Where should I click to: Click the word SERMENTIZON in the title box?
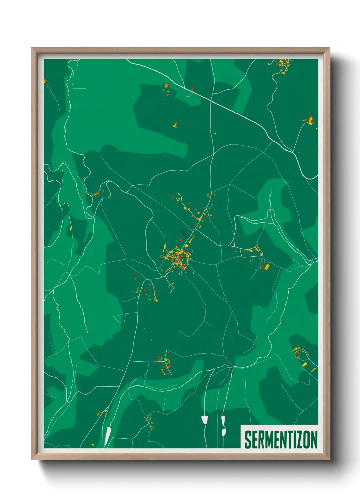coord(281,440)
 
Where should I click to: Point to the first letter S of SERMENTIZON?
coord(247,440)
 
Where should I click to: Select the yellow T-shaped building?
coord(175,125)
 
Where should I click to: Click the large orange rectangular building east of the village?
coord(267,266)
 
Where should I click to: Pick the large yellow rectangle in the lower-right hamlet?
coord(304,364)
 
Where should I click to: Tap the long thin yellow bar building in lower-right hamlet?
coord(313,369)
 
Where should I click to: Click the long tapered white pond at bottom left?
coord(108,436)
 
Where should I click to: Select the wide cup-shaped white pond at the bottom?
coord(204,420)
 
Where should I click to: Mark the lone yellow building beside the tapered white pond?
coord(93,444)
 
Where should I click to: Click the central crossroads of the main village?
coord(179,254)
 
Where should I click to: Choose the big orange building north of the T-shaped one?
coord(166,85)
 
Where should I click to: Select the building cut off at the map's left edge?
coord(45,81)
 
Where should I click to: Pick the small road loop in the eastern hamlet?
coord(251,250)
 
